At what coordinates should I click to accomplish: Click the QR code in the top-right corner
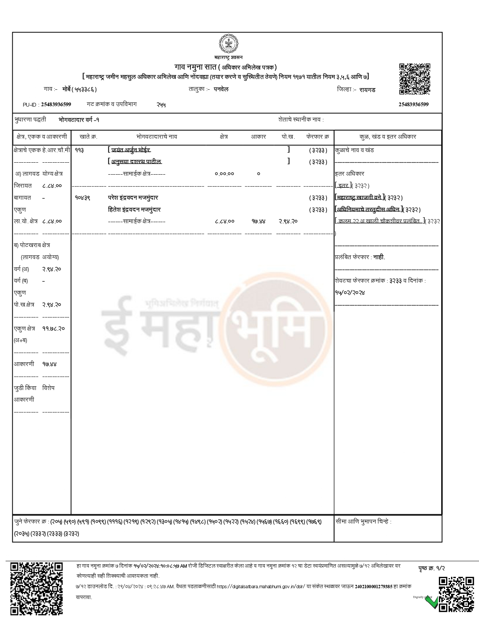[414, 79]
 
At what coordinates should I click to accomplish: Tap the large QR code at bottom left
[36, 588]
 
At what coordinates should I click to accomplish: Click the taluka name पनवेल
[221, 89]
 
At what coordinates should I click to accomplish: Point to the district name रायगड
[367, 90]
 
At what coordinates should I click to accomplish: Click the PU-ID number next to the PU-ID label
[56, 104]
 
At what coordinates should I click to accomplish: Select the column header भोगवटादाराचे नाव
[157, 137]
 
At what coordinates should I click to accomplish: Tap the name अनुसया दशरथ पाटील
[136, 162]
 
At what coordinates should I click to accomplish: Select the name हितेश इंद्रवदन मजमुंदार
[134, 209]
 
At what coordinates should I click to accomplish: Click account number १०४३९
[82, 197]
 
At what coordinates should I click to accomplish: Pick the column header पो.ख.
[288, 137]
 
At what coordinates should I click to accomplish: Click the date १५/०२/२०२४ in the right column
[350, 292]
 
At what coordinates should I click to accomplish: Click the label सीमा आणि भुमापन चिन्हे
[363, 521]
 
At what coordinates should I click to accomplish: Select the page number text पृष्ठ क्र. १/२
[432, 568]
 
